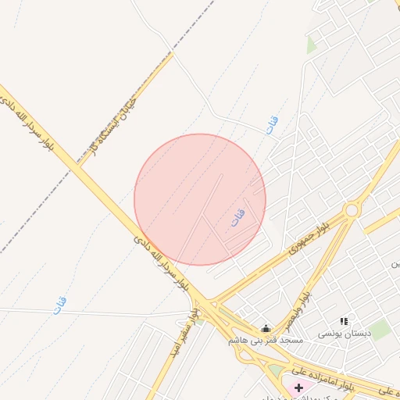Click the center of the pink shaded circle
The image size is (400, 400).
tap(200, 199)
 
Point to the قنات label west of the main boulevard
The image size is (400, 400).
tap(60, 305)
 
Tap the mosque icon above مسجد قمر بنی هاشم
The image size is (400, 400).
tap(266, 328)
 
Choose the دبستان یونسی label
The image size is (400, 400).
tap(343, 334)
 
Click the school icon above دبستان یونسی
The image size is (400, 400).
tap(344, 321)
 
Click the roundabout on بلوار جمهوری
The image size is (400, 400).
tap(352, 209)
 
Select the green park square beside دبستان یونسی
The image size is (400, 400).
tap(380, 330)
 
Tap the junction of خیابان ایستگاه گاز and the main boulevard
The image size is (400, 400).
tap(80, 166)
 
